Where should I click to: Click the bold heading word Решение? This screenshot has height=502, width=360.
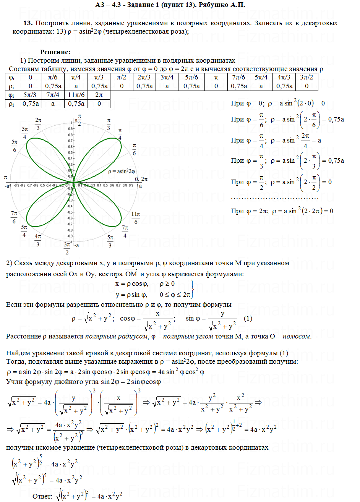[55, 52]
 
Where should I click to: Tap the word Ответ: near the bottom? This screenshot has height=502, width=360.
[42, 496]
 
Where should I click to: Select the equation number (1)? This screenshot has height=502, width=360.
[248, 318]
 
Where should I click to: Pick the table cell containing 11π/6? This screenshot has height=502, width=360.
[76, 95]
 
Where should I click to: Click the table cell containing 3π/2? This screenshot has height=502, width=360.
[309, 78]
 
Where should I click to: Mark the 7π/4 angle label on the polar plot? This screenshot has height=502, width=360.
[125, 232]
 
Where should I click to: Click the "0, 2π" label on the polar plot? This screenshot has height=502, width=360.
[141, 179]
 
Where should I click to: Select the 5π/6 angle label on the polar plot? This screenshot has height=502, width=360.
[15, 146]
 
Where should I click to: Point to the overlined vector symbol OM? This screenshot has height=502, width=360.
[131, 274]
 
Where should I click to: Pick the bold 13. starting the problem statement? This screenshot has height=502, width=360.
[28, 23]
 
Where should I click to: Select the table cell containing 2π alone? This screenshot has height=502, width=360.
[99, 95]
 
